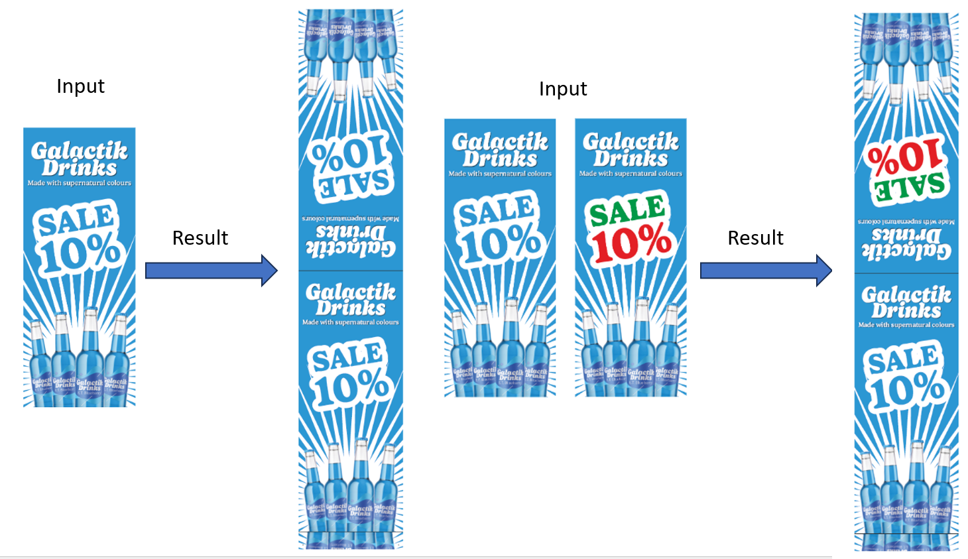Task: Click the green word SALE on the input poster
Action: pyautogui.click(x=627, y=210)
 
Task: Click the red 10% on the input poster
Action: pyautogui.click(x=631, y=243)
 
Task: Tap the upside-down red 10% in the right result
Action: pyautogui.click(x=904, y=158)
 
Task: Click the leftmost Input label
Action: pyautogui.click(x=80, y=86)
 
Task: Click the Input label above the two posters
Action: pyautogui.click(x=563, y=89)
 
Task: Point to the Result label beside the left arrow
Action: pyautogui.click(x=200, y=237)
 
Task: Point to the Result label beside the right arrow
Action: pyautogui.click(x=755, y=237)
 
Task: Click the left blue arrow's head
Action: pyautogui.click(x=269, y=271)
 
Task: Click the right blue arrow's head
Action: pyautogui.click(x=823, y=271)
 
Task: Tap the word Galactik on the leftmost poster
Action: pyautogui.click(x=79, y=151)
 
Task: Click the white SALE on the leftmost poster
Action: pyautogui.click(x=76, y=220)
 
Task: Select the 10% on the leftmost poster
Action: pyautogui.click(x=82, y=253)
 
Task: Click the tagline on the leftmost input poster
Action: pyautogui.click(x=79, y=183)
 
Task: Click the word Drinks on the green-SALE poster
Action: pyautogui.click(x=631, y=158)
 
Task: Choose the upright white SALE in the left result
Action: pyautogui.click(x=347, y=357)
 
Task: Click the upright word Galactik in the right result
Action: pyautogui.click(x=906, y=294)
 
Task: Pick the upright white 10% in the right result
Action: pyautogui.click(x=907, y=390)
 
